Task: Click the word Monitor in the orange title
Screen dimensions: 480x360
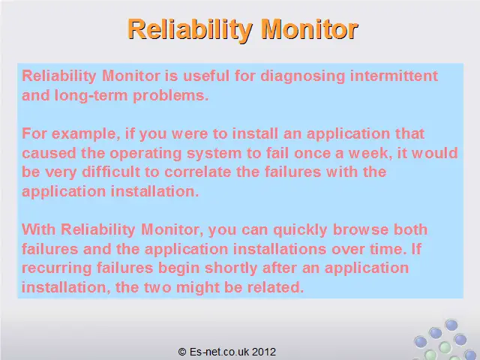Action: click(310, 29)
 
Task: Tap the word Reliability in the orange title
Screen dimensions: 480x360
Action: click(190, 30)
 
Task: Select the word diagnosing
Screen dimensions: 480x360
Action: click(302, 76)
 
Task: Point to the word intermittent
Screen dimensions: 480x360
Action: click(394, 76)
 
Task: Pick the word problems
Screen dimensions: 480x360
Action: click(170, 96)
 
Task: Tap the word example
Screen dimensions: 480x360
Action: click(85, 134)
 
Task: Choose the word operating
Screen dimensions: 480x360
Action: click(145, 154)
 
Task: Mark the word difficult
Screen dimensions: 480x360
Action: click(111, 172)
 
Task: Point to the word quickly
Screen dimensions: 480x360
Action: click(300, 230)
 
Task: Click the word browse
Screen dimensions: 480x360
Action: click(360, 229)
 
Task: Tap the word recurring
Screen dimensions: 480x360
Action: click(57, 268)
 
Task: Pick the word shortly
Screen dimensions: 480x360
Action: click(231, 268)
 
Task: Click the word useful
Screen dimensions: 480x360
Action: click(206, 76)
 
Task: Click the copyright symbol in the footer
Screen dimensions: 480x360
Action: click(182, 352)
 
